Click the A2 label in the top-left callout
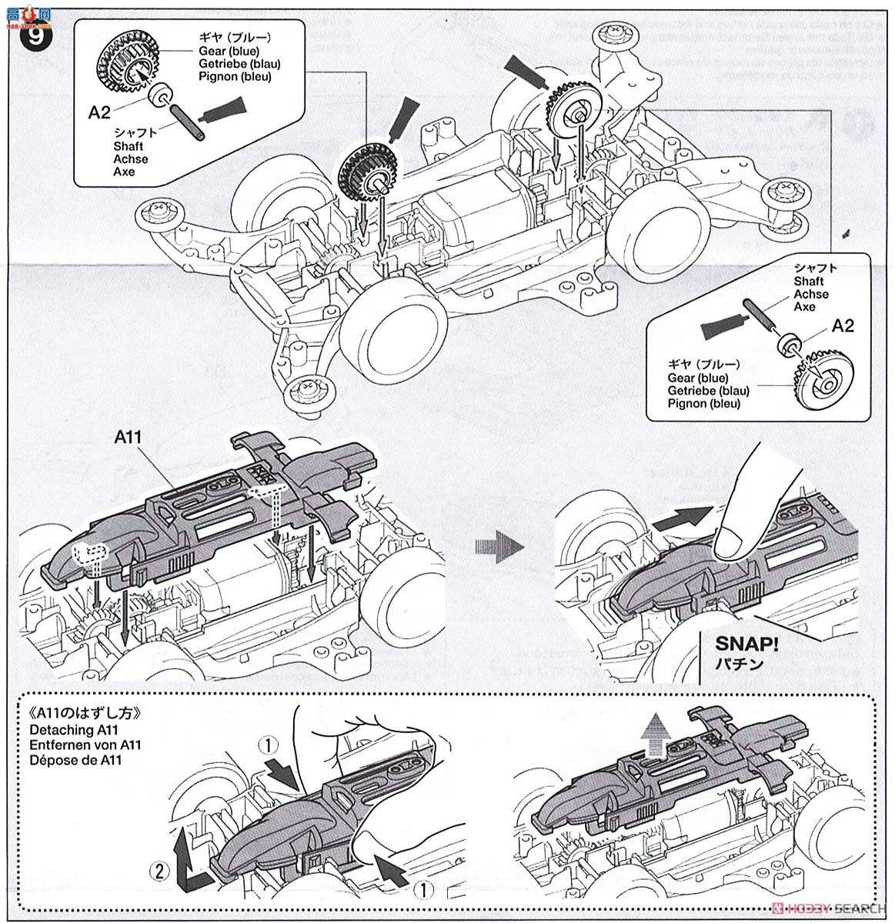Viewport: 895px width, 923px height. coord(99,113)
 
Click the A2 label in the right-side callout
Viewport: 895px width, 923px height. coord(843,326)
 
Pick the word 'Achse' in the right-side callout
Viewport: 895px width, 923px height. coord(811,295)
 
